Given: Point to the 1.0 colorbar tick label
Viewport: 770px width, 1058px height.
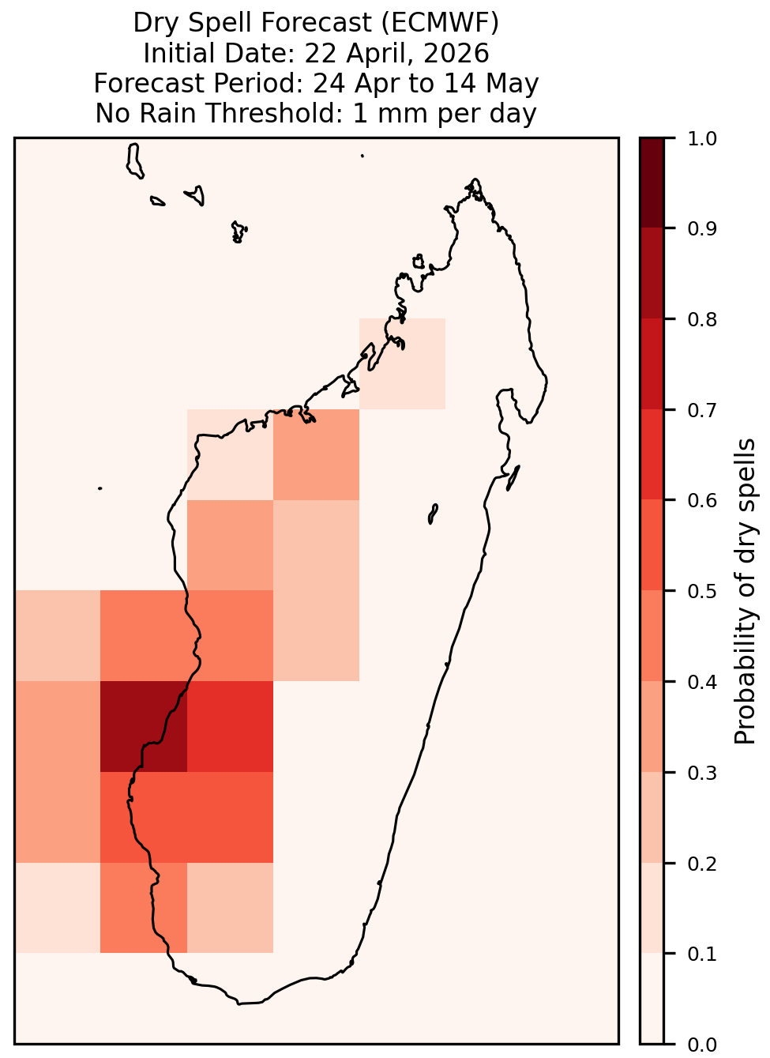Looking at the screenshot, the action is coord(702,139).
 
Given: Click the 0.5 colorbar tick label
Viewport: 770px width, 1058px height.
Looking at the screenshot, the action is coord(702,591).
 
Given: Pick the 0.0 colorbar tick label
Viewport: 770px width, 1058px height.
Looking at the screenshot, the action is coord(702,1045).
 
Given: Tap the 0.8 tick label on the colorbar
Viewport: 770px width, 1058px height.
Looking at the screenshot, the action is coord(702,320).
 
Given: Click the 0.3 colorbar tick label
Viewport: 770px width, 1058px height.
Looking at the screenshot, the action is coord(702,773).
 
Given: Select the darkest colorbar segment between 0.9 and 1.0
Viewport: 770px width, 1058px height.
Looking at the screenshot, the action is coord(652,183).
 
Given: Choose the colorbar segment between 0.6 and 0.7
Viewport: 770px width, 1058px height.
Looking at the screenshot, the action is coord(652,454).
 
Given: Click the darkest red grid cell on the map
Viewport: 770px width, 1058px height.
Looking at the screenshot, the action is coord(144,726).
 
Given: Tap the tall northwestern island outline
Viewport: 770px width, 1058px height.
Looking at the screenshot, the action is coord(134,160).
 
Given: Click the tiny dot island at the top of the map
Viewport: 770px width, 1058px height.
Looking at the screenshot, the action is coord(362,156).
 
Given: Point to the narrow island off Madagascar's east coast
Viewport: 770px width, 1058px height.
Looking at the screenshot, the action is coord(513,477).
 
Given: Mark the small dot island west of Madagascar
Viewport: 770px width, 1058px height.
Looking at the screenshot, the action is coord(100,488).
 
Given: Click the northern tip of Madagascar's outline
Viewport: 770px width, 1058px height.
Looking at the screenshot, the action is coord(475,179).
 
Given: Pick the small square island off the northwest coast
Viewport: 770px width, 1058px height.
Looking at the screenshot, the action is coord(419,262).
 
